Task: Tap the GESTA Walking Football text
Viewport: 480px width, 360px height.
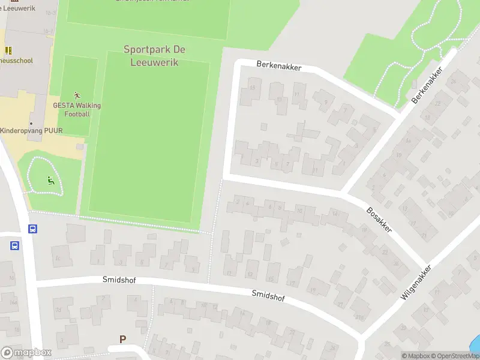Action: coord(77,110)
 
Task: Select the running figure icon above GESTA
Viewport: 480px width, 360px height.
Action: coord(77,95)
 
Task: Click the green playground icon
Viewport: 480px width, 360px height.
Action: coord(50,179)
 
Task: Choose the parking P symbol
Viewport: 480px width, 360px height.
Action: coord(123,340)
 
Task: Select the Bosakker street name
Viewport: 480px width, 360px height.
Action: coord(379,220)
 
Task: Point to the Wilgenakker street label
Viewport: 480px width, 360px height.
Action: coord(416,282)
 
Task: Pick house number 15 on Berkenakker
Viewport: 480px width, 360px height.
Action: coord(252,89)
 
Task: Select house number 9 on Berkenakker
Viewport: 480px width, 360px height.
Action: coord(326,102)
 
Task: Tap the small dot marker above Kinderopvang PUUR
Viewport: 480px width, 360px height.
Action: coord(31,124)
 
